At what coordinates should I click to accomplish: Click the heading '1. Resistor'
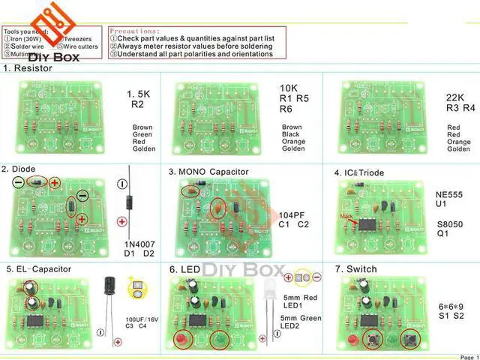point(31,67)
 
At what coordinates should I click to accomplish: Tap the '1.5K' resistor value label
point(139,94)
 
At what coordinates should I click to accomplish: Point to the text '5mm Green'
point(301,319)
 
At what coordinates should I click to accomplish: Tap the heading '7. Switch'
point(356,268)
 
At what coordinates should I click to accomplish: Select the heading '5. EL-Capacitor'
point(38,268)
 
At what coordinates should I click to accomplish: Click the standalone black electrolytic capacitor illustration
point(111,289)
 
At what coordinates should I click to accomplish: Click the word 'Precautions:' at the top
point(137,31)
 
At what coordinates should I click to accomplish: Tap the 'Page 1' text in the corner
point(466,357)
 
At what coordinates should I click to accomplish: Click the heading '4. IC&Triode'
point(359,172)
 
